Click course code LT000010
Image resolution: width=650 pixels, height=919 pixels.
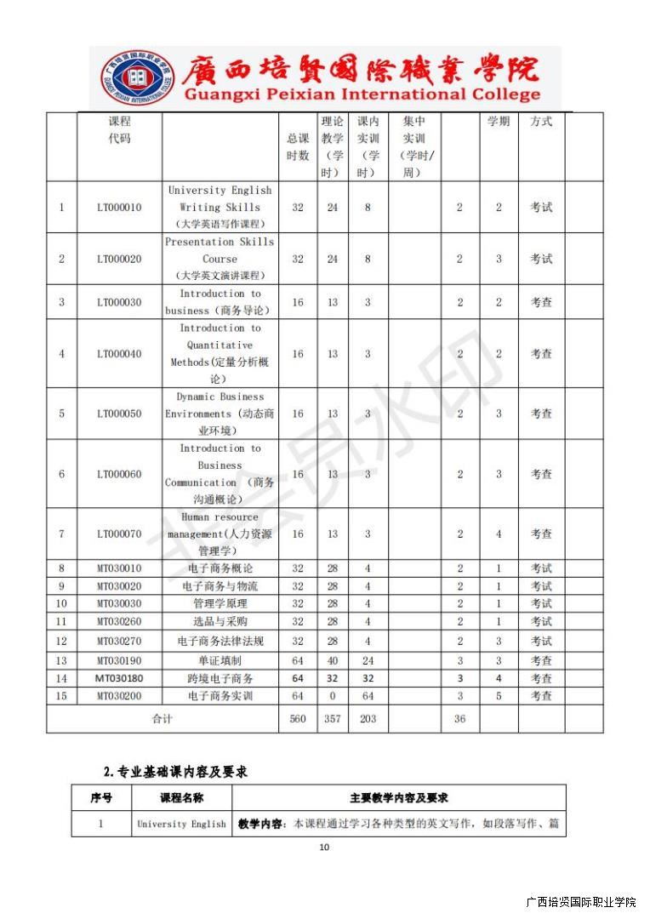click(x=119, y=208)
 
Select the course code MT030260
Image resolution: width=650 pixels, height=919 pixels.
click(x=119, y=622)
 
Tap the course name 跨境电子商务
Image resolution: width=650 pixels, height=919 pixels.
click(x=220, y=679)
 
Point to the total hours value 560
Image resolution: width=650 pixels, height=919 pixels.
click(x=298, y=719)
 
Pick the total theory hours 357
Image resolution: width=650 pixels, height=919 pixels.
click(x=333, y=719)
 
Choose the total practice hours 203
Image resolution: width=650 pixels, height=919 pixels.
click(x=368, y=719)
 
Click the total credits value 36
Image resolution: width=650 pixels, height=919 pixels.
click(x=459, y=719)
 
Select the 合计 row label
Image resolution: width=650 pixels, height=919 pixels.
click(x=162, y=719)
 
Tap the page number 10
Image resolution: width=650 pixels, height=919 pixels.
click(x=324, y=847)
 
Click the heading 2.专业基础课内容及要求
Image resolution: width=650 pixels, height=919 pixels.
click(x=175, y=772)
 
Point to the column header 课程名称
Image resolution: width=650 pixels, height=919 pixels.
click(x=182, y=798)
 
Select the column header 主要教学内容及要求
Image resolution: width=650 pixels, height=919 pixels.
click(x=399, y=798)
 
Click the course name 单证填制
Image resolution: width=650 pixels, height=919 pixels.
click(x=220, y=660)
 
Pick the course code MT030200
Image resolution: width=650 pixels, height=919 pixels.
click(x=119, y=696)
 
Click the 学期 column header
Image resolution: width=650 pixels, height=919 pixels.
click(x=499, y=122)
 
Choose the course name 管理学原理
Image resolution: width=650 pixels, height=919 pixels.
click(x=220, y=604)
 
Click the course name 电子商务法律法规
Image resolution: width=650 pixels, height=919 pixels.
click(x=220, y=642)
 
